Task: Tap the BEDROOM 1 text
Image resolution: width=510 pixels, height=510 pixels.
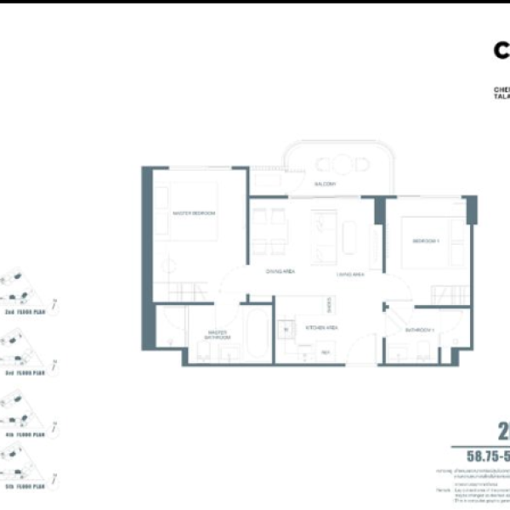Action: pyautogui.click(x=425, y=241)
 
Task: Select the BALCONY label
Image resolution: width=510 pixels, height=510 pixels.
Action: pyautogui.click(x=326, y=184)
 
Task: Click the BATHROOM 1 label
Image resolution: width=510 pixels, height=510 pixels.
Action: pyautogui.click(x=420, y=329)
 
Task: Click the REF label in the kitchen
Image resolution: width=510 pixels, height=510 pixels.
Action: pyautogui.click(x=324, y=352)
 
